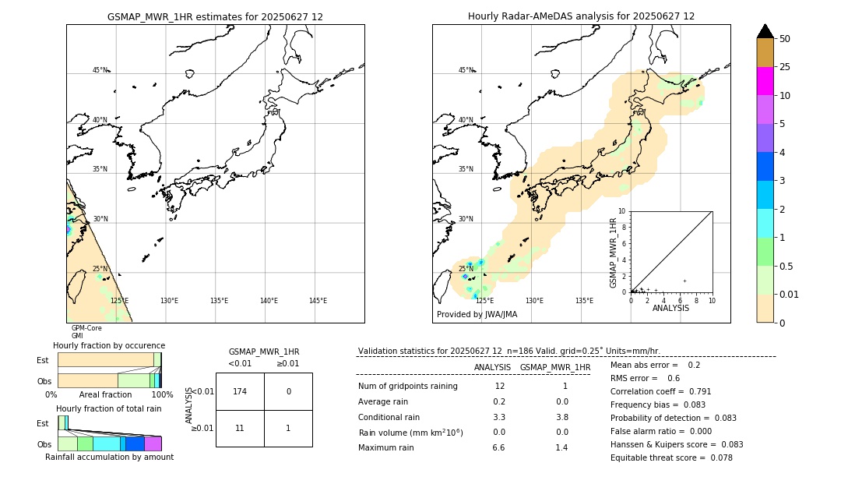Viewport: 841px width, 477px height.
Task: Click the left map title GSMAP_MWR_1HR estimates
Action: (215, 16)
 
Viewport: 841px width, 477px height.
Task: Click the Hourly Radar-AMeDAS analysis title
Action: (581, 16)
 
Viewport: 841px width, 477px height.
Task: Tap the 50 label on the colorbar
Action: (785, 38)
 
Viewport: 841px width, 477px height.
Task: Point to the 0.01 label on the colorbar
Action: (790, 294)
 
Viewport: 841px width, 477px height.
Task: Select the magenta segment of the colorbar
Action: (765, 81)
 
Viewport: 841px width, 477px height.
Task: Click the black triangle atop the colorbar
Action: (765, 31)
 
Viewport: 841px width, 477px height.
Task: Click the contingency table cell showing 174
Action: (240, 391)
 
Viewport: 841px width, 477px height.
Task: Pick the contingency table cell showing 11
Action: (240, 429)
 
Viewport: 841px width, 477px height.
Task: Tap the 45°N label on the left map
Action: (100, 70)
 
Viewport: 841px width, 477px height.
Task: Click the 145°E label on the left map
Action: (318, 301)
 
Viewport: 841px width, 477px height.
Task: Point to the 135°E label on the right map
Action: (584, 301)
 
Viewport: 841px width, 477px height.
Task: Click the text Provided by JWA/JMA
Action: (477, 315)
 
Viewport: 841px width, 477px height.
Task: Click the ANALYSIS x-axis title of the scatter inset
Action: (670, 308)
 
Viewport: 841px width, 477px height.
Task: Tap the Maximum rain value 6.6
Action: (498, 447)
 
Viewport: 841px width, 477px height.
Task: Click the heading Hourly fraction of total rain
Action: (109, 408)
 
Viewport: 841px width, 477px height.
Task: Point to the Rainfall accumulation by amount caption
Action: (109, 458)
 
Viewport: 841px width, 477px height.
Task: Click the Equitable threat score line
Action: (671, 458)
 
